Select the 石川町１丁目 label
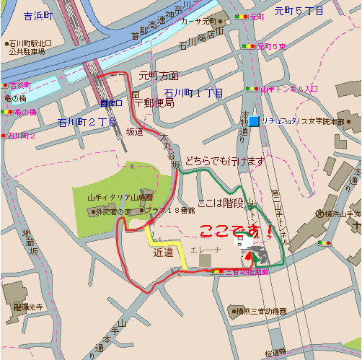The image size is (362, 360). [x=193, y=93]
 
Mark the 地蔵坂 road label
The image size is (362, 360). [x=28, y=242]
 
